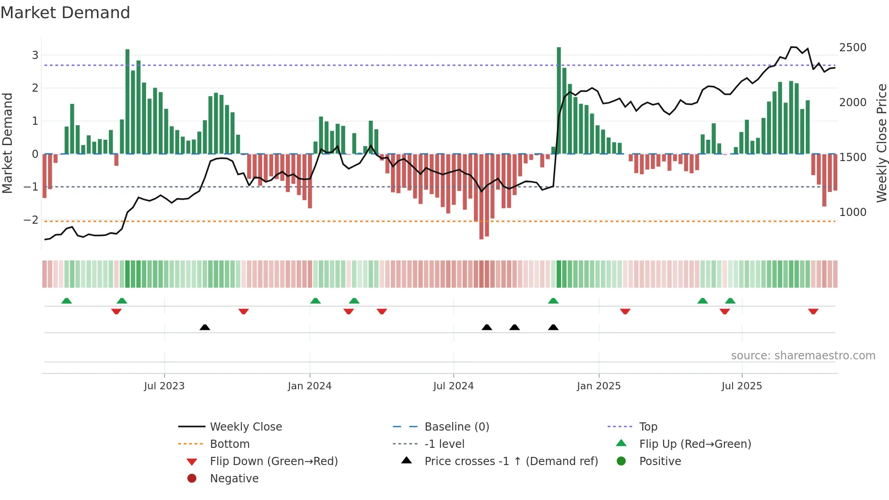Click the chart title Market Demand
tap(65, 13)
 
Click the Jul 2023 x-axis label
tap(164, 386)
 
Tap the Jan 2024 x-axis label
tap(310, 386)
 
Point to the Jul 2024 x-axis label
tap(453, 386)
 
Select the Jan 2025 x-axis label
tap(599, 386)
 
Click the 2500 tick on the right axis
tap(853, 48)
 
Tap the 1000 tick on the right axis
tap(853, 212)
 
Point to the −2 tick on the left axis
tap(31, 220)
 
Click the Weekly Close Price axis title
tap(881, 143)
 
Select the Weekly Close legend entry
tap(245, 427)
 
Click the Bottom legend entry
tap(230, 444)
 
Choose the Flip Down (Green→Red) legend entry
tap(274, 461)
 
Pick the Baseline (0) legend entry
tap(456, 427)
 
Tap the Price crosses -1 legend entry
tap(511, 461)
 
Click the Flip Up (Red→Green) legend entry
tap(695, 444)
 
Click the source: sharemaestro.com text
tap(803, 356)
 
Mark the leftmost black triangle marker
tap(205, 327)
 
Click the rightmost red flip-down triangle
tap(813, 311)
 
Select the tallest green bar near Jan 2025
tap(559, 100)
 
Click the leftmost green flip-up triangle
tap(67, 301)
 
